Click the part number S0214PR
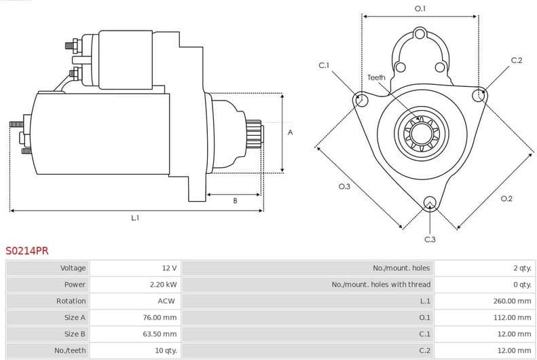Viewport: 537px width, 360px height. pyautogui.click(x=27, y=251)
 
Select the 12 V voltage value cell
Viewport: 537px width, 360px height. pyautogui.click(x=169, y=268)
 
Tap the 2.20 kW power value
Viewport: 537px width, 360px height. pyautogui.click(x=163, y=285)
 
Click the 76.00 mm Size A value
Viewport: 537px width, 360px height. pyautogui.click(x=162, y=317)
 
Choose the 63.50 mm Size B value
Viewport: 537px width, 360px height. pyautogui.click(x=162, y=334)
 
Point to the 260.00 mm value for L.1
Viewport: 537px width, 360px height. pyautogui.click(x=512, y=301)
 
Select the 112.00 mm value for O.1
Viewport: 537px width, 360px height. pyautogui.click(x=512, y=317)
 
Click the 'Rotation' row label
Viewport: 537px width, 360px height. pyautogui.click(x=71, y=301)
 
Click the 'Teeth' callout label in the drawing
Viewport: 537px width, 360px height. pyautogui.click(x=376, y=77)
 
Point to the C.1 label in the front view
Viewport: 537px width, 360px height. pyautogui.click(x=324, y=65)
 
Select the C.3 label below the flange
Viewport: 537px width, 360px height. pyautogui.click(x=430, y=239)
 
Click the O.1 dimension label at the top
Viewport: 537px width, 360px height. pyautogui.click(x=420, y=9)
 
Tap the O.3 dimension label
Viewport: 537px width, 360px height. pyautogui.click(x=344, y=187)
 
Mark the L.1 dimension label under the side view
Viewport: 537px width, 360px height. pyautogui.click(x=135, y=218)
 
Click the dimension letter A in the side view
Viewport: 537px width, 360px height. pyautogui.click(x=290, y=132)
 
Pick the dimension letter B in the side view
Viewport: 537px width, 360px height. pyautogui.click(x=235, y=201)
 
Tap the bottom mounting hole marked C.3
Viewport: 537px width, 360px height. pyautogui.click(x=430, y=202)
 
